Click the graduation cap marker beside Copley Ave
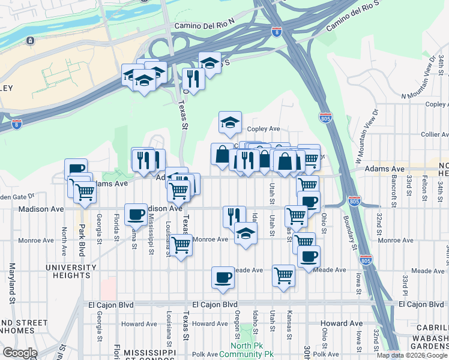coord(230,123)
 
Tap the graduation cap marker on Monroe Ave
coord(246,234)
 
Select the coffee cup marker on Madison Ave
coord(136,215)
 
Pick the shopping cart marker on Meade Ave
coord(283,277)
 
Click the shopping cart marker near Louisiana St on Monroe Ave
coord(181,245)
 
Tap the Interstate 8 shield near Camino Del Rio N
coord(276,31)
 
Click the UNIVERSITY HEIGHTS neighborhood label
coord(71,271)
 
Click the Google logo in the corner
coord(19,353)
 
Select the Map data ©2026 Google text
coord(412,355)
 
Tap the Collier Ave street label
coord(430,134)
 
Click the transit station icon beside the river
coord(29,41)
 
